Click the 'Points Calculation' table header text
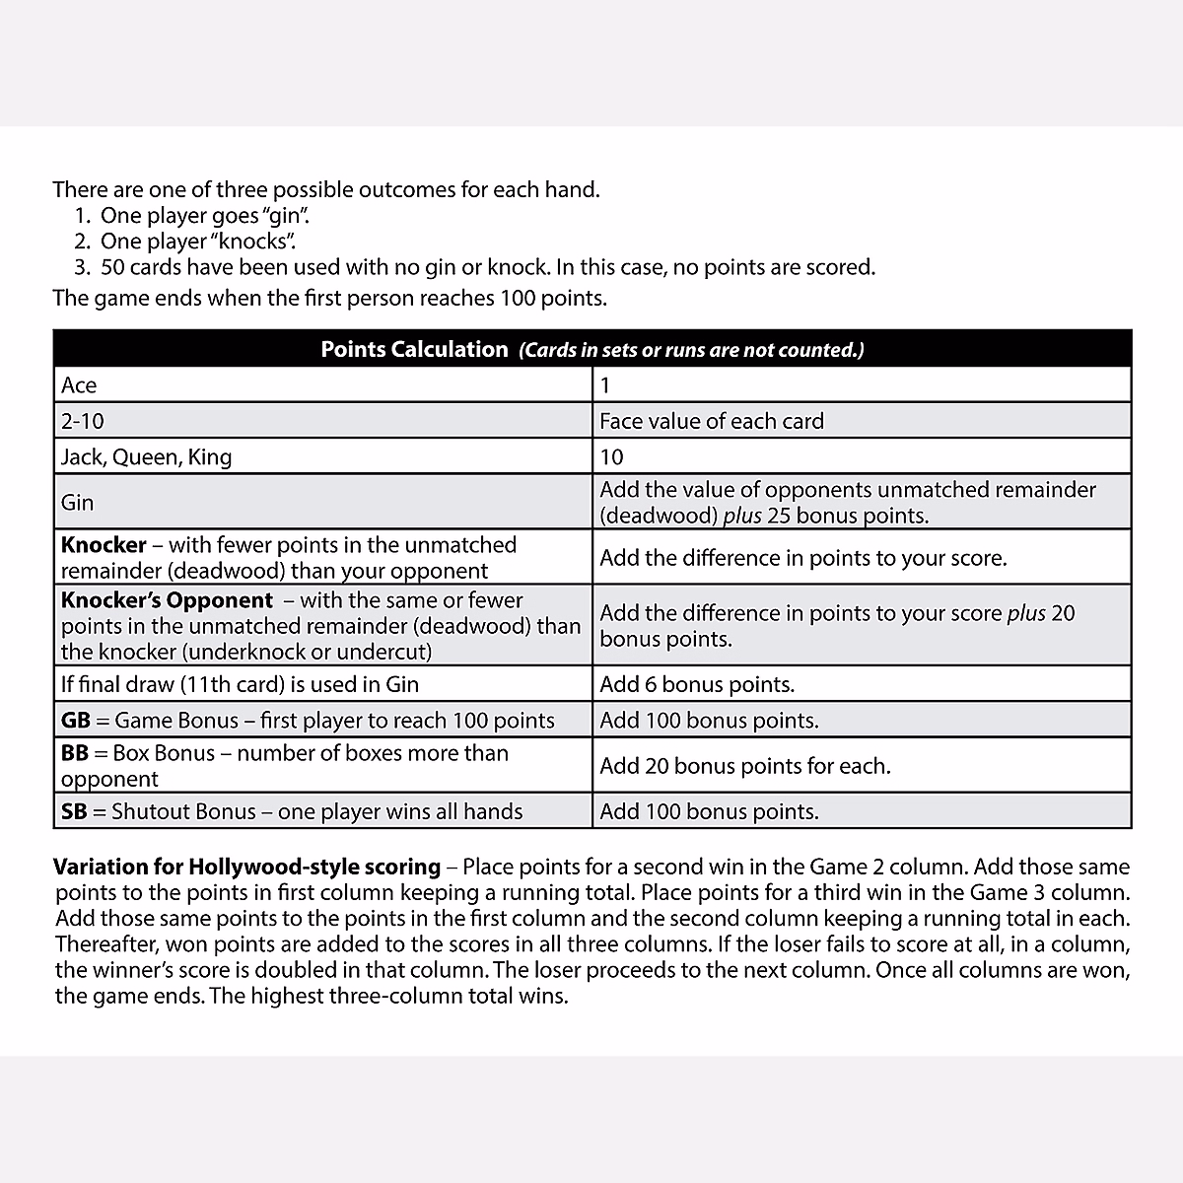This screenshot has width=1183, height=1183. [414, 349]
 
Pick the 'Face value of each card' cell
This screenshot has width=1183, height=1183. [711, 421]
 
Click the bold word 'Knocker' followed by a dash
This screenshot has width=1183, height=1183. [104, 545]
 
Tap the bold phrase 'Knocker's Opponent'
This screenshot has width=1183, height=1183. [167, 600]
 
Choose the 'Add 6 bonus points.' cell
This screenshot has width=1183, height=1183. [697, 684]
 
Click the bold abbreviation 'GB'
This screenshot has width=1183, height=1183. [75, 721]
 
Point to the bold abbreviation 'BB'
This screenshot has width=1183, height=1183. [75, 753]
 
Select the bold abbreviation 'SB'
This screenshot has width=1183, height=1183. [74, 811]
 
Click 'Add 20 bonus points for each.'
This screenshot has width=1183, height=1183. [744, 766]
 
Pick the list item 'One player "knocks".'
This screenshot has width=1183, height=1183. [198, 242]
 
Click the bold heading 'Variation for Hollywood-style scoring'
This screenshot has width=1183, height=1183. [246, 868]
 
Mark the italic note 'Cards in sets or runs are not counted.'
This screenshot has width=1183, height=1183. [691, 350]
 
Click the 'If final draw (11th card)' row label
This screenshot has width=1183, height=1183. [240, 684]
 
